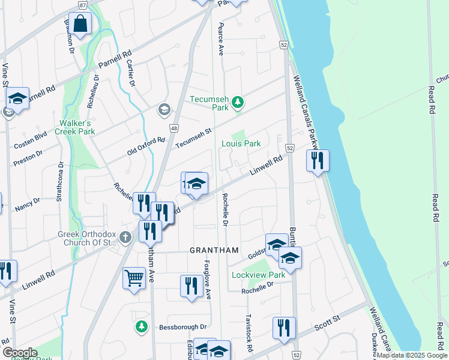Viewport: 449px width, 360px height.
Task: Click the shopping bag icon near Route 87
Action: tap(80, 25)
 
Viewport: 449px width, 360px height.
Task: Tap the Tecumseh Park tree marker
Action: tap(238, 103)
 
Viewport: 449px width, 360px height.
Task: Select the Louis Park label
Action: tap(241, 143)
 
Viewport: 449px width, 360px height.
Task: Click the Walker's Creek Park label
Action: tap(74, 127)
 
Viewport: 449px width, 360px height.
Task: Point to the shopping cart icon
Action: tap(134, 278)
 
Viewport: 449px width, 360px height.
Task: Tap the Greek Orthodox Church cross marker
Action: tap(125, 237)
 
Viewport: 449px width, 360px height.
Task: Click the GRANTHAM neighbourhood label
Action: tap(214, 250)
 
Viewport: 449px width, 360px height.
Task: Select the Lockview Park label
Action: tap(258, 275)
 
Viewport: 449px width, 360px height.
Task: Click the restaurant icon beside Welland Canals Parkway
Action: tap(317, 161)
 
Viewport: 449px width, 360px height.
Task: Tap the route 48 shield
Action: tap(174, 128)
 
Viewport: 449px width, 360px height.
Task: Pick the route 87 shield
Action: tap(82, 4)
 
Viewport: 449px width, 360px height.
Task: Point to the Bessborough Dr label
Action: tap(182, 328)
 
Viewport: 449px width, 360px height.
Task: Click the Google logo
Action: tap(20, 353)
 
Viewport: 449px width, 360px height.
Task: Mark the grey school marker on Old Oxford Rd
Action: tap(163, 110)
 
